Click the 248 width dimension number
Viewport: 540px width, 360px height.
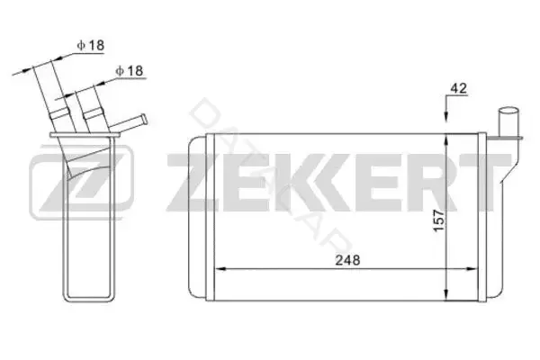point(347,260)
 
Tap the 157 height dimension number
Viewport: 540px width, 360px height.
point(439,220)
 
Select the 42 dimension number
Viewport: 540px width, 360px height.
point(459,88)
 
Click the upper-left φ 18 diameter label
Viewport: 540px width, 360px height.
point(91,45)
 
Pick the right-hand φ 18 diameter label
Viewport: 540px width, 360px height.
point(129,70)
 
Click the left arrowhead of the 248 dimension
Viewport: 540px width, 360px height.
point(220,268)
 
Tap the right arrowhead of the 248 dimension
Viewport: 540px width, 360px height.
point(472,268)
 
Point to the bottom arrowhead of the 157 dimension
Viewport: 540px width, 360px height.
point(446,294)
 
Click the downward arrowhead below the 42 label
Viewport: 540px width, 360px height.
point(446,116)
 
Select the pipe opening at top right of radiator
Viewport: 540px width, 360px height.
point(508,112)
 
